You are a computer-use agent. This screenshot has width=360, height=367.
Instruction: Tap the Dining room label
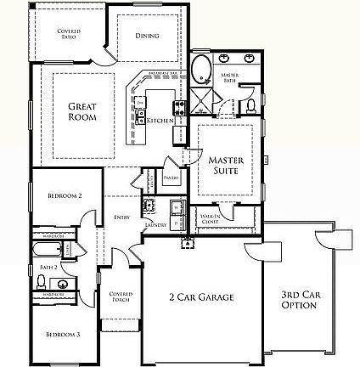pos(147,36)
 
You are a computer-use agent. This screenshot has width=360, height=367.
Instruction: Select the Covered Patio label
pos(69,33)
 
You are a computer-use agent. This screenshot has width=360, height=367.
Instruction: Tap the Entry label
pos(121,217)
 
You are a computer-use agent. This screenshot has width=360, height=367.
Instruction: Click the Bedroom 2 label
pos(64,195)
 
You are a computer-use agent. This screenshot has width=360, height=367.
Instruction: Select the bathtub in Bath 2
pos(48,250)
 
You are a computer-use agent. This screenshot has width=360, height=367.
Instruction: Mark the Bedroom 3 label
pos(63,335)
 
